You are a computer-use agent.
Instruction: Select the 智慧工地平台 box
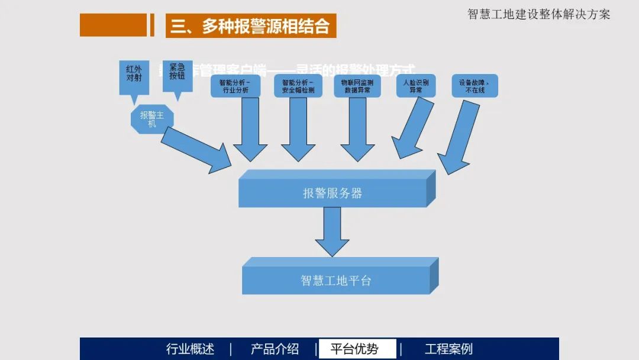pyautogui.click(x=336, y=280)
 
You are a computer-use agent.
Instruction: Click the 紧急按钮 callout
pyautogui.click(x=177, y=75)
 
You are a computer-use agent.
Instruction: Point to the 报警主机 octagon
pyautogui.click(x=152, y=119)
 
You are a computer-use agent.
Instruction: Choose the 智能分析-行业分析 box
pyautogui.click(x=234, y=86)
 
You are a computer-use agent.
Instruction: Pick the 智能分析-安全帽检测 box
pyautogui.click(x=298, y=86)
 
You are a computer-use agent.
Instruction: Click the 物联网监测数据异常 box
pyautogui.click(x=357, y=86)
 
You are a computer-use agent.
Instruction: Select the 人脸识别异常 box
pyautogui.click(x=416, y=86)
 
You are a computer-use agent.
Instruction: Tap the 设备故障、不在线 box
pyautogui.click(x=475, y=86)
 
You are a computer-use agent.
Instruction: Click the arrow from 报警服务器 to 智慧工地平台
pyautogui.click(x=332, y=232)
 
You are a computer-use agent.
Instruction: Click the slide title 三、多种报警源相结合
pyautogui.click(x=251, y=26)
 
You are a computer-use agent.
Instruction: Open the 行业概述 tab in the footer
pyautogui.click(x=191, y=349)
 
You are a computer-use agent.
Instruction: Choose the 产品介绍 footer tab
pyautogui.click(x=275, y=349)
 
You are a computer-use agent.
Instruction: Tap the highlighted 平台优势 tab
pyautogui.click(x=357, y=349)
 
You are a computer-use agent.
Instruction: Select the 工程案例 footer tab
pyautogui.click(x=448, y=349)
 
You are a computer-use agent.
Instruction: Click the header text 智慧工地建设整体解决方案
pyautogui.click(x=538, y=14)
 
